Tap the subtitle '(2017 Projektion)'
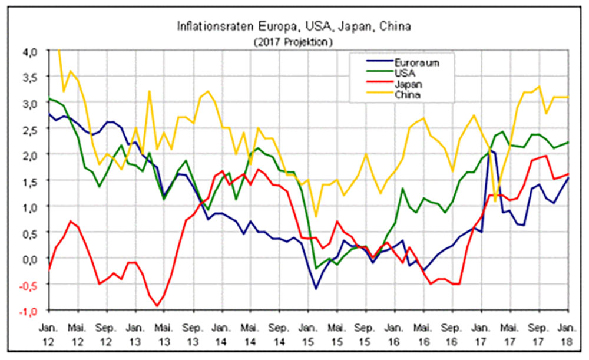293,42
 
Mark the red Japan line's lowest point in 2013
157,306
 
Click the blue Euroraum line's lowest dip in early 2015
316,289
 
